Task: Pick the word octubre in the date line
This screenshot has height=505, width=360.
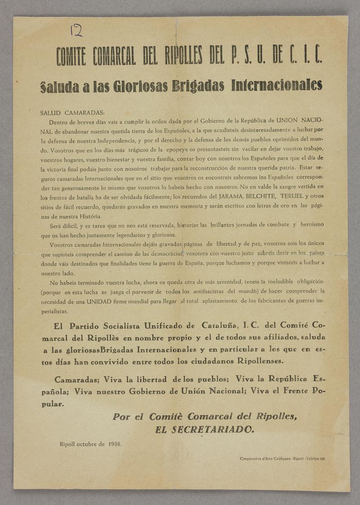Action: click(x=90, y=444)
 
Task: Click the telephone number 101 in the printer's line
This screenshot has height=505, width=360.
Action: click(x=322, y=459)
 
